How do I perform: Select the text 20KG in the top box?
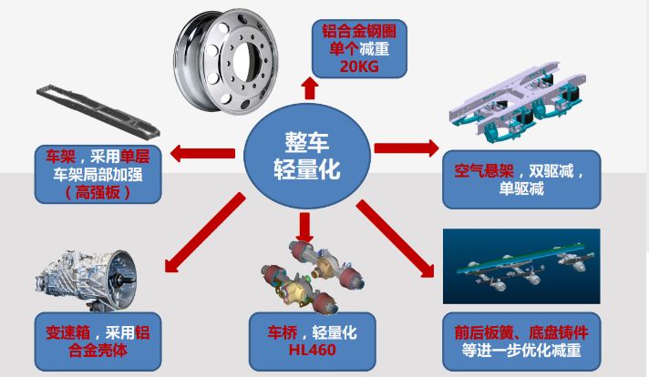pos(358,66)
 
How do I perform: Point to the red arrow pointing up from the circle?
pos(310,88)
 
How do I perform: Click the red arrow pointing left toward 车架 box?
pos(204,153)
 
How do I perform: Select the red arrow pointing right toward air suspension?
pos(406,148)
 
